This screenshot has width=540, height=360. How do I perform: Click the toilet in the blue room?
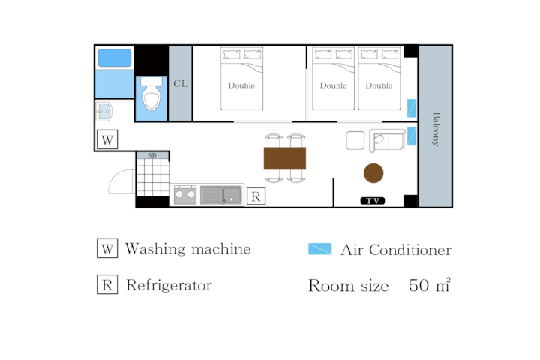(x=151, y=94)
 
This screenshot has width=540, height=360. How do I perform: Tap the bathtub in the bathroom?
(x=115, y=58)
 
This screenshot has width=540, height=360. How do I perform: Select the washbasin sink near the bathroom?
(x=103, y=111)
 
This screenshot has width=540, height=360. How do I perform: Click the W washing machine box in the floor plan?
(x=107, y=139)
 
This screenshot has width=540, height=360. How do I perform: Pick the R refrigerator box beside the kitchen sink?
(x=256, y=196)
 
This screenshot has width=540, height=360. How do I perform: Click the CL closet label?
(x=181, y=83)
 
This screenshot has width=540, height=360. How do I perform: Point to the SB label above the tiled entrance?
(x=152, y=156)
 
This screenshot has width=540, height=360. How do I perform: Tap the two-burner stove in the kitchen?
(x=185, y=195)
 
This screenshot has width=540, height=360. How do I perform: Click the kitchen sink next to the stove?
(x=221, y=195)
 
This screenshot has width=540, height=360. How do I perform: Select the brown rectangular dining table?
(x=285, y=158)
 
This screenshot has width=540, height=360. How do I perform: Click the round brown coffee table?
(x=373, y=173)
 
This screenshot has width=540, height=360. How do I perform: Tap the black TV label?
(x=373, y=201)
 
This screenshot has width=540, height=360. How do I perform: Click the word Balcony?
(x=436, y=129)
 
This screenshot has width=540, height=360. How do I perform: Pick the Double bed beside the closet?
(x=241, y=79)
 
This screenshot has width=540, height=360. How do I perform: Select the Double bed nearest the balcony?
(x=379, y=79)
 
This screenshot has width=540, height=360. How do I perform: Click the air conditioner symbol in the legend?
(x=320, y=249)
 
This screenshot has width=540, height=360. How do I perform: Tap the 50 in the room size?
(x=419, y=285)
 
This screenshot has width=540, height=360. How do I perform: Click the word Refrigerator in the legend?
(x=169, y=285)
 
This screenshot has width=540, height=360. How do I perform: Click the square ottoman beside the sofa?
(x=355, y=140)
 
